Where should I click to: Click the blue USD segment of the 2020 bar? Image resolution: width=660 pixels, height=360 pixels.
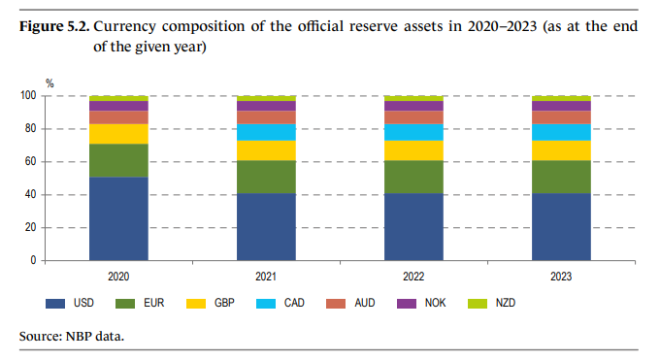[118, 218]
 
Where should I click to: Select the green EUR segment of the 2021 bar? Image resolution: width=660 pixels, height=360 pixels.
[266, 177]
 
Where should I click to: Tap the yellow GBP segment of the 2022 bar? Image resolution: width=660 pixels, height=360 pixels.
[413, 150]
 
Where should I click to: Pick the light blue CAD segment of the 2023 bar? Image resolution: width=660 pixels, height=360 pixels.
[561, 132]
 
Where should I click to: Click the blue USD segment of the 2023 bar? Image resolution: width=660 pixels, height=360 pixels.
[561, 227]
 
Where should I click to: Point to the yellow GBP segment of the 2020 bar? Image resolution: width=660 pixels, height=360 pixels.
[118, 134]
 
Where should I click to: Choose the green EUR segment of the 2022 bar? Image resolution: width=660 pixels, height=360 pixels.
[413, 177]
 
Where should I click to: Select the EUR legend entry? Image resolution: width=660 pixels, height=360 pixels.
[141, 304]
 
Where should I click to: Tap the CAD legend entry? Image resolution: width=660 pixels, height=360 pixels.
[281, 304]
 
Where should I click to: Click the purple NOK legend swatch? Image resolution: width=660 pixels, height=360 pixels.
[406, 304]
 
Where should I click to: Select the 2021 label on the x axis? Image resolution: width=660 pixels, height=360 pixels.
[266, 277]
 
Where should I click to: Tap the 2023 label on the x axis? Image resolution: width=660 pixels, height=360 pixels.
[561, 277]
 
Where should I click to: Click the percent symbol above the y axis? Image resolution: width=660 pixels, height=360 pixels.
[49, 83]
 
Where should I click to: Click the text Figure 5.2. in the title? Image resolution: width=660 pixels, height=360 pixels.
[54, 26]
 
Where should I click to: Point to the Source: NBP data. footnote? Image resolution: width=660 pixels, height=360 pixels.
[72, 337]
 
